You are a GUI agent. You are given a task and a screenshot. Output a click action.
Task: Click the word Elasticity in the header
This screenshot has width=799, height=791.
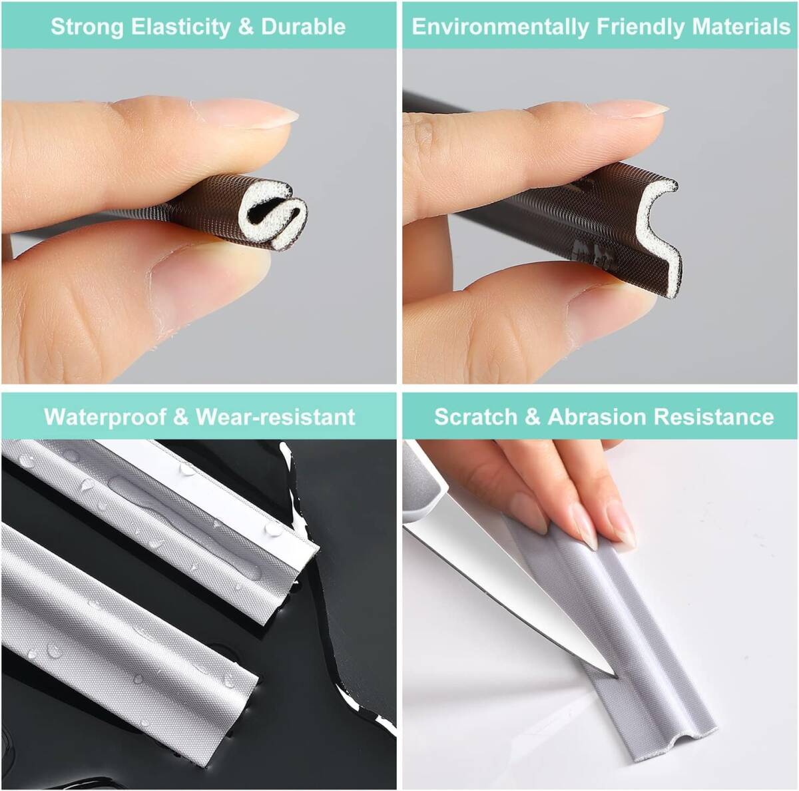pos(180,27)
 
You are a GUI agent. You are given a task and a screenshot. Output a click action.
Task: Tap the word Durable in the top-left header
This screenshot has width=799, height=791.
pos(304,27)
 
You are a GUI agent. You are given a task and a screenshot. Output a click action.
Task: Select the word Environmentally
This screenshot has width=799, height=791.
pos(501,27)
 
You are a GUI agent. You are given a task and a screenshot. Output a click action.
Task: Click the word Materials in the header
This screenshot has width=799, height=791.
pos(741,27)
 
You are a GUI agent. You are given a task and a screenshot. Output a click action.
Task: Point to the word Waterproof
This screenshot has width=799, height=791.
pos(105,417)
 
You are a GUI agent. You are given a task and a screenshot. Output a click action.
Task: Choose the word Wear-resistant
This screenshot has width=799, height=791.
pos(275,416)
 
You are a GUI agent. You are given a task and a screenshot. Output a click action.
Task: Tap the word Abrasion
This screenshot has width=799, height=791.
pos(597,416)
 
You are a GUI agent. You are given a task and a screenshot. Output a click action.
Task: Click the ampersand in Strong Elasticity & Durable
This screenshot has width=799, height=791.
pos(246,27)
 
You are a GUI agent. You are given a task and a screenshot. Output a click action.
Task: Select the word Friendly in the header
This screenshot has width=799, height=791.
pos(641,27)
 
